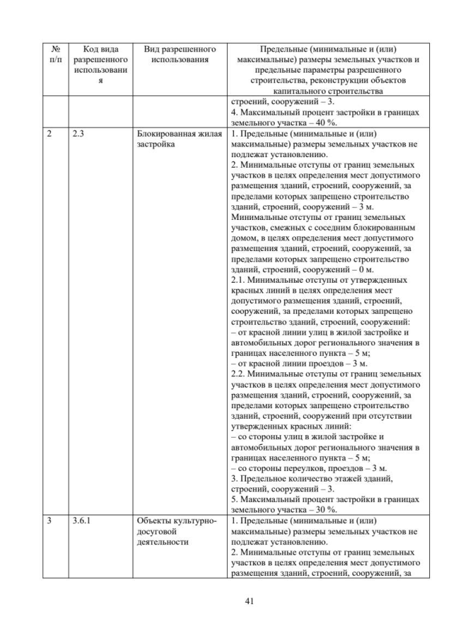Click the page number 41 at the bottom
pos(225,601)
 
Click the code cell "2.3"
pos(79,132)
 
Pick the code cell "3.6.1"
pos(82,522)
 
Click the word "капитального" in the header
pos(287,92)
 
